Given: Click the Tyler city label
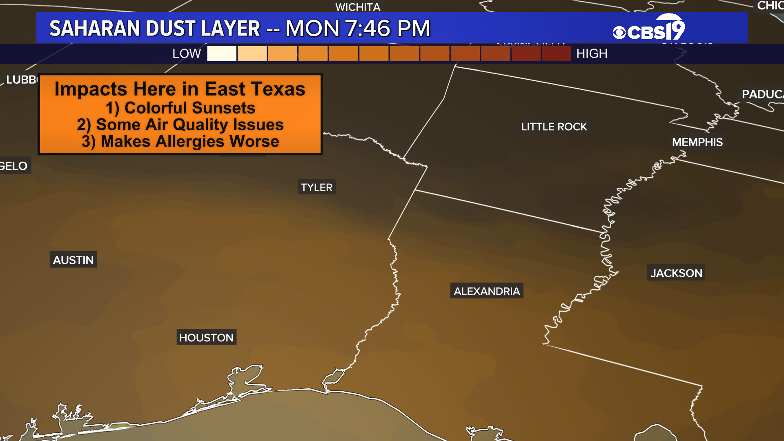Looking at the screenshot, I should pyautogui.click(x=316, y=187).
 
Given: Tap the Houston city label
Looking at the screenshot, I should pyautogui.click(x=206, y=337).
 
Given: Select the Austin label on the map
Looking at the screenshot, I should pyautogui.click(x=73, y=260).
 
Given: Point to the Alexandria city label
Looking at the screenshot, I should pyautogui.click(x=487, y=291).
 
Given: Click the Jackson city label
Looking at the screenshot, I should pyautogui.click(x=676, y=273).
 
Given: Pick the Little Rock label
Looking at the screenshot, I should pyautogui.click(x=554, y=127).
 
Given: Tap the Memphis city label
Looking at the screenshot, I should pyautogui.click(x=697, y=142).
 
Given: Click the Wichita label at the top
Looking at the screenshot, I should pyautogui.click(x=358, y=7).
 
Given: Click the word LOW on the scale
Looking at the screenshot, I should pyautogui.click(x=187, y=53).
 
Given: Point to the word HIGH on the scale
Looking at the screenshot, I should pyautogui.click(x=592, y=53).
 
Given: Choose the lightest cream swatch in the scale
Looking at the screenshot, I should pyautogui.click(x=222, y=53).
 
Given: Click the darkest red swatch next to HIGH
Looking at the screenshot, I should pyautogui.click(x=556, y=53).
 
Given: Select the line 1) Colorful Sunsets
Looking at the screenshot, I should pyautogui.click(x=180, y=108).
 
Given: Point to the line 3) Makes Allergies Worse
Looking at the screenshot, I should pyautogui.click(x=180, y=141).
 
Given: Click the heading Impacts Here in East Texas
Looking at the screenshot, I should pyautogui.click(x=180, y=89).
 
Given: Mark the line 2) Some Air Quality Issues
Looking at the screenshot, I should pyautogui.click(x=180, y=125).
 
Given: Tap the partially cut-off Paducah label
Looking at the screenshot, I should pyautogui.click(x=762, y=94).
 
